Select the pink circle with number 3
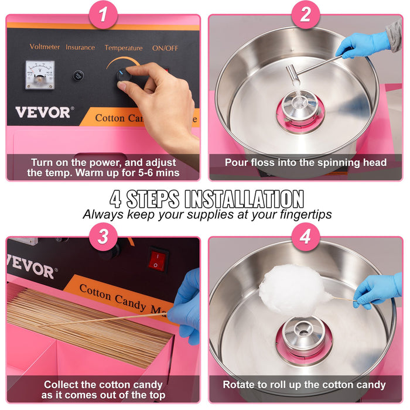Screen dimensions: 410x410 tap(104, 237)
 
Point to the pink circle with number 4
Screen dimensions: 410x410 tap(305, 237)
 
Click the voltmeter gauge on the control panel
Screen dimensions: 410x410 tap(40, 74)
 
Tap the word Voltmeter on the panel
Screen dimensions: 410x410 tap(45, 46)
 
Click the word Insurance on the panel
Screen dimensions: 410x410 tap(80, 47)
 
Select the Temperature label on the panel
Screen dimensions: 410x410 tap(123, 47)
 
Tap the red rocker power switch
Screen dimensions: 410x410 tap(158, 259)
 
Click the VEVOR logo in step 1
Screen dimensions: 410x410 tap(43, 112)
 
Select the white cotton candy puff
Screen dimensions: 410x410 tap(291, 289)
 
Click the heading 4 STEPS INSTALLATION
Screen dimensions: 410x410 tap(207, 199)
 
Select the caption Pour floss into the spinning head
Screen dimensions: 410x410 tap(305, 162)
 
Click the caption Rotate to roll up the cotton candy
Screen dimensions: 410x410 tap(304, 385)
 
